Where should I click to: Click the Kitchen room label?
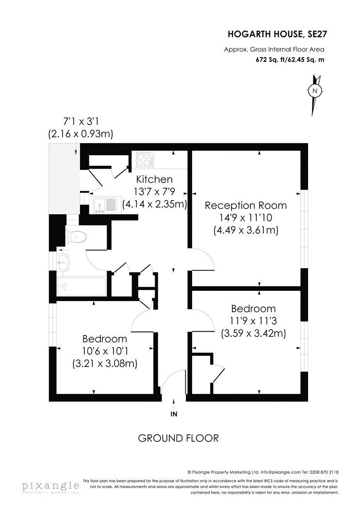coord(154,179)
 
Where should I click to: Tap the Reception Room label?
coord(245,206)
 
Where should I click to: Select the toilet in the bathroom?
coord(76,237)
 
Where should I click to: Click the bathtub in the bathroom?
coord(82,286)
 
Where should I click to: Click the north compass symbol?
coord(315,95)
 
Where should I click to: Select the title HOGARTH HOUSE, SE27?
coord(276,34)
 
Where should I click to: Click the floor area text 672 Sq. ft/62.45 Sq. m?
coord(290,60)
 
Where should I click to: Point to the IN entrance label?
coord(174,414)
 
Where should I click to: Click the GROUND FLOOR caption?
coord(179,438)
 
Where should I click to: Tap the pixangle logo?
coord(50,486)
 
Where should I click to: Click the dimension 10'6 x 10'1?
coord(105,351)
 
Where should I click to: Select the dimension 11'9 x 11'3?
coord(253,321)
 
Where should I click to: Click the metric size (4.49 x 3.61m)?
coord(246,230)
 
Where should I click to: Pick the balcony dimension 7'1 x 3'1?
coord(81,122)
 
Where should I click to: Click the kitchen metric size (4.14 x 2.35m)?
coord(155,204)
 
